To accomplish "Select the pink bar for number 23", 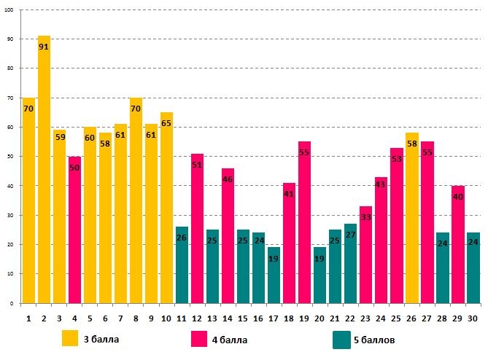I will (x=365, y=254).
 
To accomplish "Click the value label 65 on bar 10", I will (x=166, y=124).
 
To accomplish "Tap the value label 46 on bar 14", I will (x=228, y=179).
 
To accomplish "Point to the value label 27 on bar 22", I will (x=350, y=235).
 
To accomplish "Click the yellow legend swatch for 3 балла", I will (x=70, y=339).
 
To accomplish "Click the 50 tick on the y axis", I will (x=9, y=156).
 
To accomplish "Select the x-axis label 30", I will (x=473, y=319).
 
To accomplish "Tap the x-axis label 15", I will (x=243, y=319).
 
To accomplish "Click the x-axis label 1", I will (x=28, y=319).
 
